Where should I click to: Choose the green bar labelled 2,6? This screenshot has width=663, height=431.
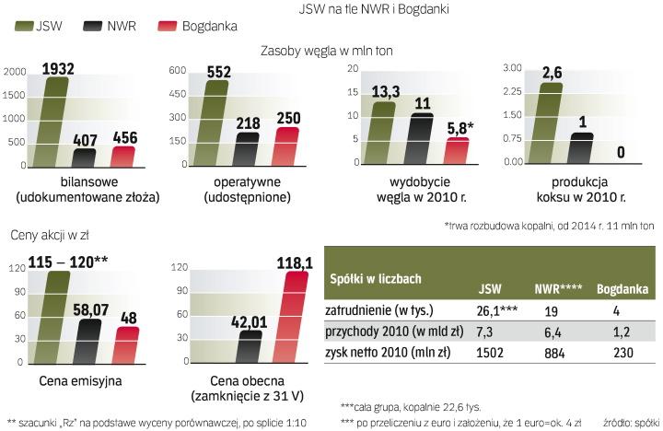(550, 123)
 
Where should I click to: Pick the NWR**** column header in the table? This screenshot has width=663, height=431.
(559, 288)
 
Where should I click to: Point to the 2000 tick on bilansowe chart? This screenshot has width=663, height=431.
(15, 72)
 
